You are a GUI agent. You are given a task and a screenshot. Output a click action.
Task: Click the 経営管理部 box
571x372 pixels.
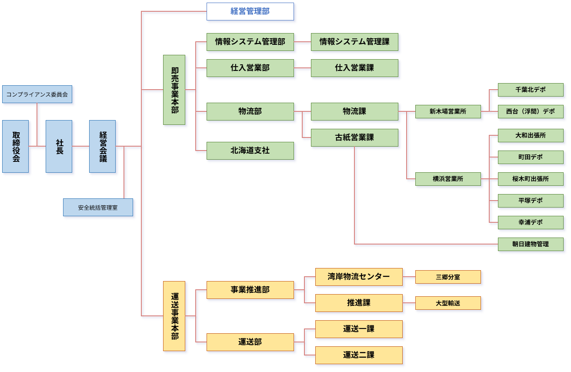point(250,11)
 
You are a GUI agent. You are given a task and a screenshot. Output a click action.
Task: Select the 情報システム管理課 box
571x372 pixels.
point(354,42)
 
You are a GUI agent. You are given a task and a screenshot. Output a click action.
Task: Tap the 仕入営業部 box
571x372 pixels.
point(250,68)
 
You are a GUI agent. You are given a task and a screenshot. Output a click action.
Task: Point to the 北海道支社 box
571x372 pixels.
point(250,151)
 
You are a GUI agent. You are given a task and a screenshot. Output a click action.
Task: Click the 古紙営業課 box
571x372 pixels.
point(354,137)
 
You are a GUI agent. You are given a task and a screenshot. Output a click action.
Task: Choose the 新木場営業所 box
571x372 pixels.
point(447,111)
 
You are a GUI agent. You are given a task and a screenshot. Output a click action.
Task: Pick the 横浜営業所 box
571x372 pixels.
point(447,179)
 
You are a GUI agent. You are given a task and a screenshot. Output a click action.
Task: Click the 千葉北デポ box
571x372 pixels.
point(530,90)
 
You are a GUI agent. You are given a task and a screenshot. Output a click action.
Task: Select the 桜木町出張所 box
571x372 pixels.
point(530,179)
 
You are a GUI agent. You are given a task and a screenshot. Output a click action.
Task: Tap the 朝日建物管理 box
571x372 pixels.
point(530,244)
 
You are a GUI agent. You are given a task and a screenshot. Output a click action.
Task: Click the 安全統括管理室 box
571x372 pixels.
point(98,208)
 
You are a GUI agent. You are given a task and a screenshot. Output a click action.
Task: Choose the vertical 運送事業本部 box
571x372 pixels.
point(174,316)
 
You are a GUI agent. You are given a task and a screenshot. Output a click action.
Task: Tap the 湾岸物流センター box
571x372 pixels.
point(359,277)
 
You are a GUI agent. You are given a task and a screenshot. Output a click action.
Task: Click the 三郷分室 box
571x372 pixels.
point(447,277)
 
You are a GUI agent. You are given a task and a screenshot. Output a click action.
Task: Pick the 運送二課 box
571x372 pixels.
point(359,355)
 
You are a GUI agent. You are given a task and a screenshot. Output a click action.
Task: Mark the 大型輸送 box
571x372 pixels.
point(447,303)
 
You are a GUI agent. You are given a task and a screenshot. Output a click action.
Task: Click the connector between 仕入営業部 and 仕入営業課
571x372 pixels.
point(302,68)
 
